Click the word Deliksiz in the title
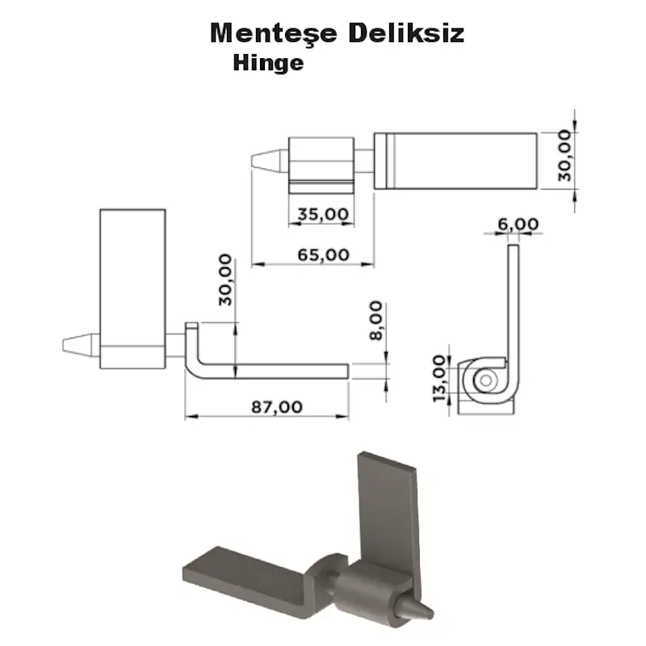407,34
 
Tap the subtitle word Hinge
268,63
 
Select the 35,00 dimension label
322,214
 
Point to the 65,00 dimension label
322,254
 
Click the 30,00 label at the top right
564,155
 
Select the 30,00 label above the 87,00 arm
224,279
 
